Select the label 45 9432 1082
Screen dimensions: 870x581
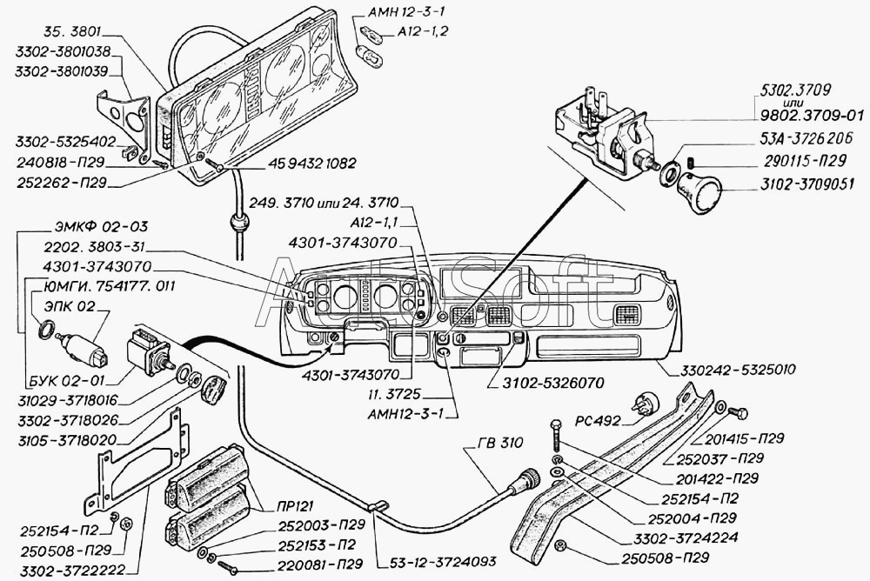pos(311,164)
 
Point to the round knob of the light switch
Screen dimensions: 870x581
pos(699,192)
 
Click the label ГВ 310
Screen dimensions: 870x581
pos(500,442)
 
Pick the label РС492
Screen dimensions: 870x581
pos(598,421)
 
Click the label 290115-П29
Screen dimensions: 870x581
pos(803,160)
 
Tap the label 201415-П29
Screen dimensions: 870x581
pos(744,438)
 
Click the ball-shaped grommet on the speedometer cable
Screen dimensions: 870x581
pos(238,226)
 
